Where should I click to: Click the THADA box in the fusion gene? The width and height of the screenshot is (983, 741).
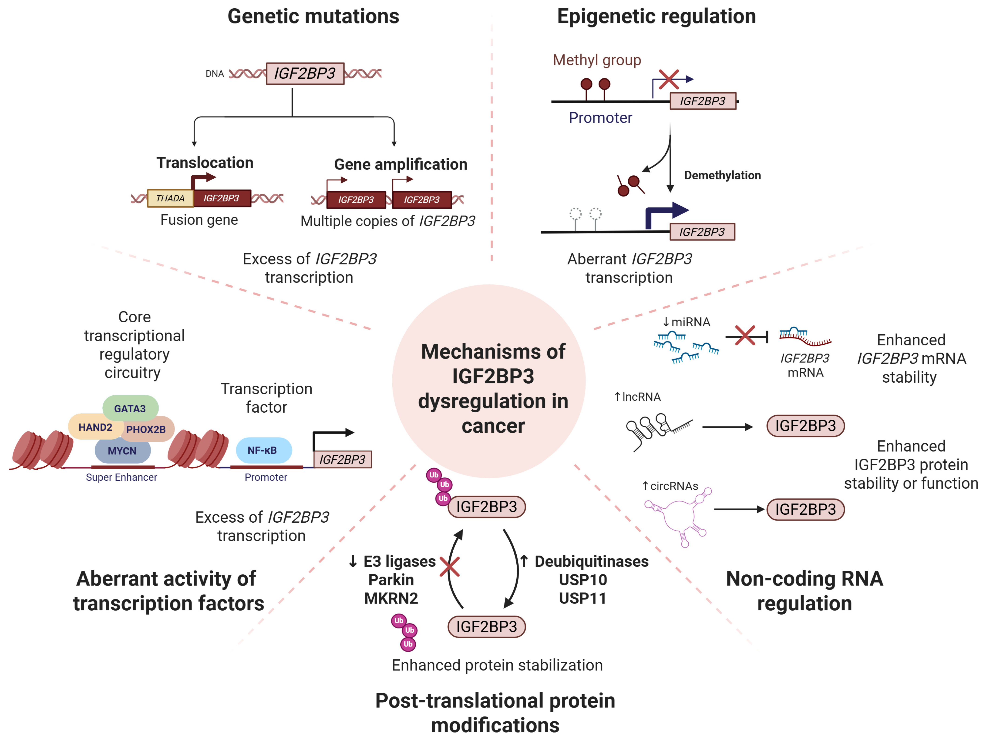pos(170,198)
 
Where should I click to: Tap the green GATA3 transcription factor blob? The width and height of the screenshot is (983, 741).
pos(130,408)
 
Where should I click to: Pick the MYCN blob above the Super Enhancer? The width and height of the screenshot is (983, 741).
pos(122,451)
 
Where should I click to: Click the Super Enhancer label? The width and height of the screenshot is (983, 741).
pos(121,477)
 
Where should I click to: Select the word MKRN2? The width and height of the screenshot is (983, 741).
pos(391,598)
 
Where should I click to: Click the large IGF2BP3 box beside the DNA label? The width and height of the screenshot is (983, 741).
pos(305,73)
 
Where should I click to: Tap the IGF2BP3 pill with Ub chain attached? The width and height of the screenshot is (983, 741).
pos(487,507)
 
